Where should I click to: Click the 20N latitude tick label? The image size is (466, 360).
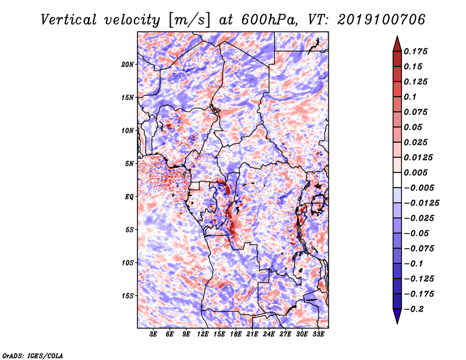click(127, 65)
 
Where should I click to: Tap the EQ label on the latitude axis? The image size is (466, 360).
click(129, 197)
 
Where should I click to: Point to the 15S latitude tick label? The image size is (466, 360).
click(127, 296)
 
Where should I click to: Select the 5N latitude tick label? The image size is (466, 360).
click(129, 164)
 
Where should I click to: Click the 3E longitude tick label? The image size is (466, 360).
click(153, 334)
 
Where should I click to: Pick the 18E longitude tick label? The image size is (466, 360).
click(235, 334)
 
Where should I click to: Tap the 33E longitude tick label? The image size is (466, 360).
click(318, 334)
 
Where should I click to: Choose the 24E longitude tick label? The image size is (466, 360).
click(269, 334)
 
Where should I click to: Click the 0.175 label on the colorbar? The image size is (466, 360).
click(415, 51)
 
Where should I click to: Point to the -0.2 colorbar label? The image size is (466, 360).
click(414, 309)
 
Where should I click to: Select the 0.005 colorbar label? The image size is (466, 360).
click(415, 172)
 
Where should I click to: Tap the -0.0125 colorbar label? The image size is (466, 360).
click(421, 203)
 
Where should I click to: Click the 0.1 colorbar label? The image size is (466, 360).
click(410, 97)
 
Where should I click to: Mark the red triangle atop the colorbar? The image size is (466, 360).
click(397, 44)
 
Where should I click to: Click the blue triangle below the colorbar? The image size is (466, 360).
click(397, 316)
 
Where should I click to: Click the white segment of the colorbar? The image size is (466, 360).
click(397, 180)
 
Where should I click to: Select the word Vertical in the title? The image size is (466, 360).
click(69, 20)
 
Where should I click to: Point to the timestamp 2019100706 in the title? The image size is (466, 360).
click(382, 20)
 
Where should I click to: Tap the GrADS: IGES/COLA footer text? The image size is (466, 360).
click(33, 355)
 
